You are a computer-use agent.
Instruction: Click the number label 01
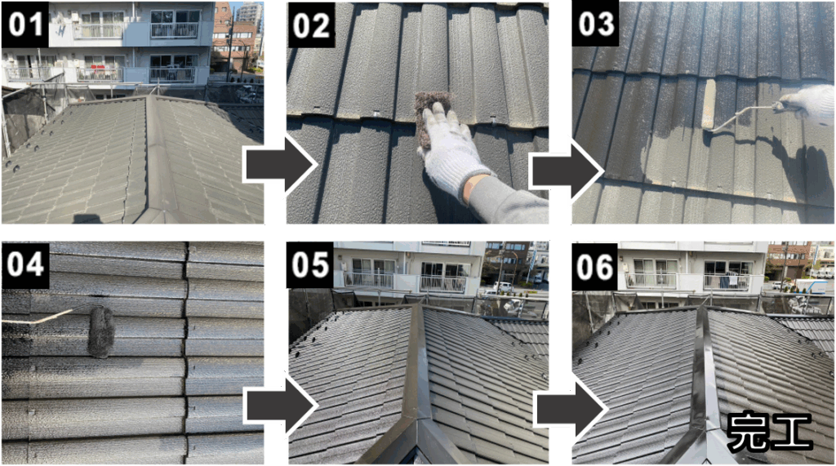coord(25,24)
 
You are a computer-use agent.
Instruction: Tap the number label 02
coord(311,24)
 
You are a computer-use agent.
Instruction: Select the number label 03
coord(595,24)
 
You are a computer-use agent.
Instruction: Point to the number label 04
coord(25,265)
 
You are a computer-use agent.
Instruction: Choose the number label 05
coord(310,265)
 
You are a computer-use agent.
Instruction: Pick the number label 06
coord(595,265)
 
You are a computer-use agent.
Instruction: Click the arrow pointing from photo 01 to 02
coord(281,165)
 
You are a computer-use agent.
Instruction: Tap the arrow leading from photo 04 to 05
coord(281,406)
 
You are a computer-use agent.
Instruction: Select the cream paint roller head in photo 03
coord(709,104)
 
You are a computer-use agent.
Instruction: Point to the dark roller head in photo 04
coord(101,331)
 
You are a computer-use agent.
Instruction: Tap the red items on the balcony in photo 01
coord(99,69)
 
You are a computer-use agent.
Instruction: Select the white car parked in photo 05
coord(503,286)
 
